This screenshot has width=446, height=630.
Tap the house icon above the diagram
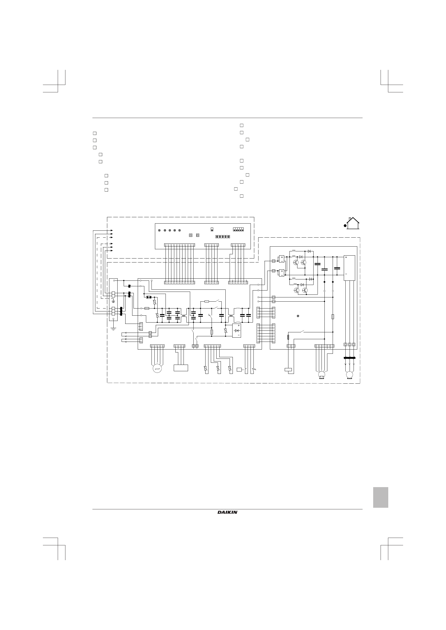click(x=353, y=223)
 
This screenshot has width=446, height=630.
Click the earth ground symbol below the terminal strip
click(x=113, y=328)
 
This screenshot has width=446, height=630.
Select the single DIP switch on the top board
click(x=212, y=229)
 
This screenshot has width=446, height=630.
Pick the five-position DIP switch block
click(x=238, y=229)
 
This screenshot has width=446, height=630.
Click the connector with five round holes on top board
click(x=222, y=237)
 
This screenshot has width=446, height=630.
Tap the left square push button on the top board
click(x=191, y=235)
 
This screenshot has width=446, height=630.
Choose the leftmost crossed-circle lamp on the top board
click(x=159, y=230)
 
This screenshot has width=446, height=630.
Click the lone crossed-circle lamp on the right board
click(x=298, y=316)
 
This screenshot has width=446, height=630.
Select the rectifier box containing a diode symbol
click(x=237, y=331)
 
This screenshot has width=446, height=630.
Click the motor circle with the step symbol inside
click(x=157, y=369)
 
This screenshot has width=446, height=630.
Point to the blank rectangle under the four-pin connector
click(x=181, y=368)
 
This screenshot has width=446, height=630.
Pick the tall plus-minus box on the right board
click(x=349, y=268)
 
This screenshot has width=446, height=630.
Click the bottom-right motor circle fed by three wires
click(x=350, y=375)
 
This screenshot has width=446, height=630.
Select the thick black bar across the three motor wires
click(x=349, y=358)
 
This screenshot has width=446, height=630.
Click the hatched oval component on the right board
click(x=288, y=337)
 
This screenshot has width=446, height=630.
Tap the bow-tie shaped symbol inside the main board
click(x=149, y=297)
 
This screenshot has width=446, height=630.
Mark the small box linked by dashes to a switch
click(x=239, y=369)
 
